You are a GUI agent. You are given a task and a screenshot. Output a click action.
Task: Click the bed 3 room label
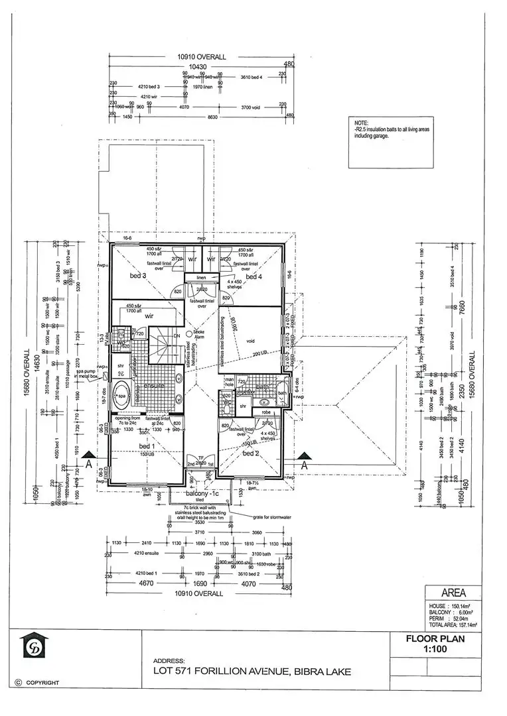(x=137, y=274)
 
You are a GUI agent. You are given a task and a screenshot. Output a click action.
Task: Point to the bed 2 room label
(x=251, y=453)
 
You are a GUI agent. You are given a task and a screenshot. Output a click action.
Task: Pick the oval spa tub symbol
(x=121, y=396)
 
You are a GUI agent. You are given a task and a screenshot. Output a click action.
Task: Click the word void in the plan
(x=250, y=342)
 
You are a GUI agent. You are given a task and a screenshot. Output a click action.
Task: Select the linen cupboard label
(x=201, y=277)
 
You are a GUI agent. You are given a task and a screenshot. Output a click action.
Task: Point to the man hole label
(x=230, y=383)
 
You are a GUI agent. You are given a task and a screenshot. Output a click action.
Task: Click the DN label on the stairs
(x=176, y=336)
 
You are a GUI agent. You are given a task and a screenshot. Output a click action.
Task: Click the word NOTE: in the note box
(x=361, y=123)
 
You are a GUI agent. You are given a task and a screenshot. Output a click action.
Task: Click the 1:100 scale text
(x=435, y=650)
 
